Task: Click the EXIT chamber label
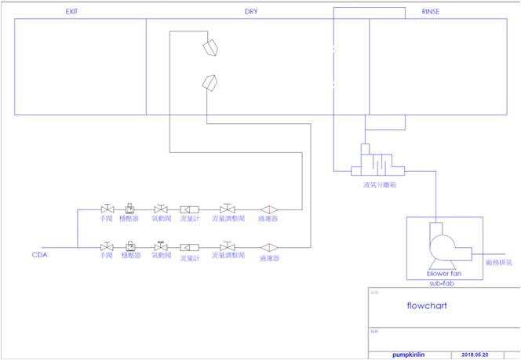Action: click(x=75, y=12)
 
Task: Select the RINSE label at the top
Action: click(x=432, y=12)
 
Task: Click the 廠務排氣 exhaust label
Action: click(x=499, y=263)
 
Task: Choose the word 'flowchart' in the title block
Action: click(x=427, y=305)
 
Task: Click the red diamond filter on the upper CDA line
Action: click(x=268, y=209)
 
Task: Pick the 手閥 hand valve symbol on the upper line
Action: click(x=107, y=209)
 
